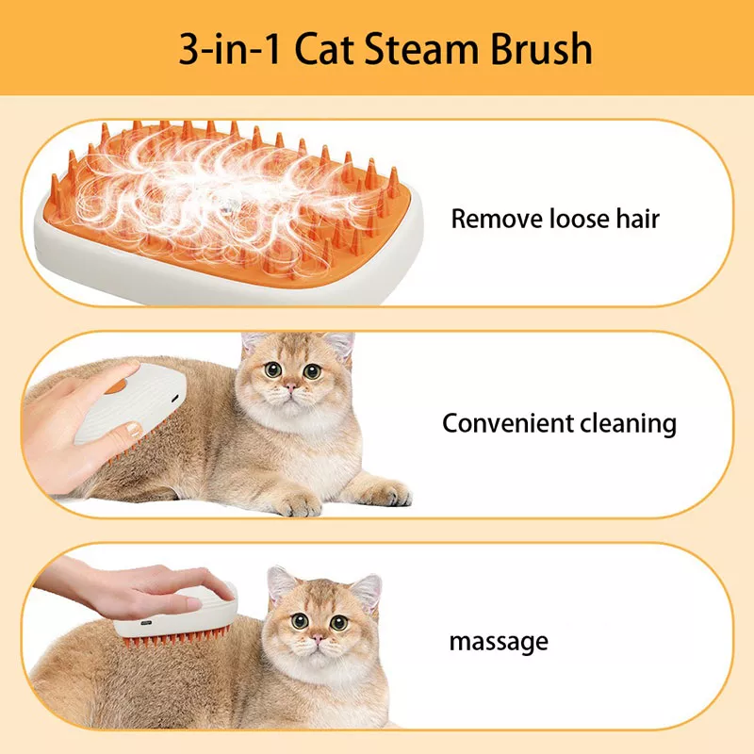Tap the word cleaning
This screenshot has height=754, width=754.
point(629,423)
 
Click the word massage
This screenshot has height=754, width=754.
point(498,643)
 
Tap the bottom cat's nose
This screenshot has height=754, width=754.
point(318,638)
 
